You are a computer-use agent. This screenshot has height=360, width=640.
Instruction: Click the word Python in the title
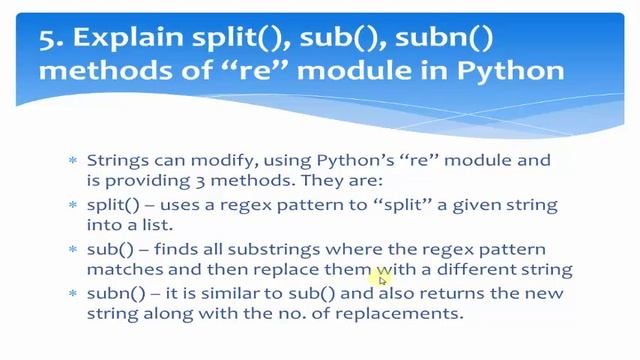(x=513, y=71)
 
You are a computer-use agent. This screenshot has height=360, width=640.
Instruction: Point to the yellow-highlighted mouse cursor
(x=381, y=279)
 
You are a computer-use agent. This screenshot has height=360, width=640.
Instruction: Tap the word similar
(x=241, y=293)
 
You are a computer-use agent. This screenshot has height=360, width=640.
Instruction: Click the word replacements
(x=411, y=314)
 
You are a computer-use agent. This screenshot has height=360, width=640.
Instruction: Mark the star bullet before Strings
(x=72, y=160)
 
